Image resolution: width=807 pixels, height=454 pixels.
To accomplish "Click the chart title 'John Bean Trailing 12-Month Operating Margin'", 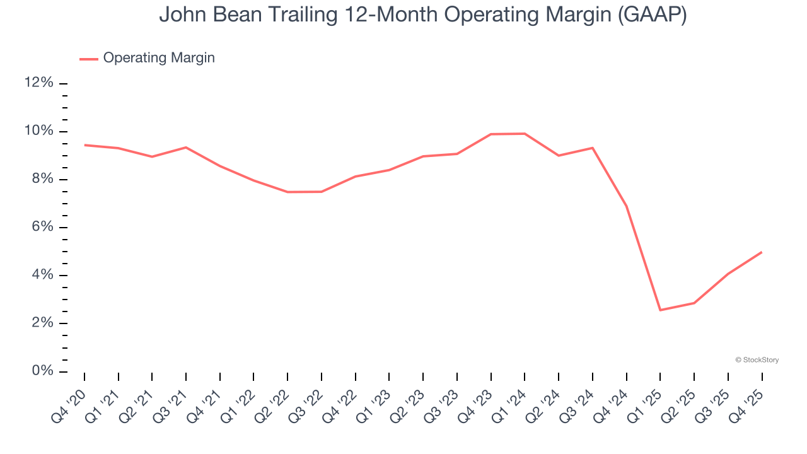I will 422,15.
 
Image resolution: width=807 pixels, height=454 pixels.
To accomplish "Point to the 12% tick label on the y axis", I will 38,83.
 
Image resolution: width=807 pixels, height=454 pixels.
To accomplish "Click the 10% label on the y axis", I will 38,131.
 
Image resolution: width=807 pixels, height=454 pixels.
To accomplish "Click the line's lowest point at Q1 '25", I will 660,310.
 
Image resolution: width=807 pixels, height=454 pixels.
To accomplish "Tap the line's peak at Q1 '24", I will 525,134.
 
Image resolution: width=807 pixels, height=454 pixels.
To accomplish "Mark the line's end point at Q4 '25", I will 762,252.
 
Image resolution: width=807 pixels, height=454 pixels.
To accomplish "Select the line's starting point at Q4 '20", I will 84,145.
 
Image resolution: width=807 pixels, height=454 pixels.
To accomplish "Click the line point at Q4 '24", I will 626,206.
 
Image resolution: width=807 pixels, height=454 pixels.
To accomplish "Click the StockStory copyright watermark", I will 757,360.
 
